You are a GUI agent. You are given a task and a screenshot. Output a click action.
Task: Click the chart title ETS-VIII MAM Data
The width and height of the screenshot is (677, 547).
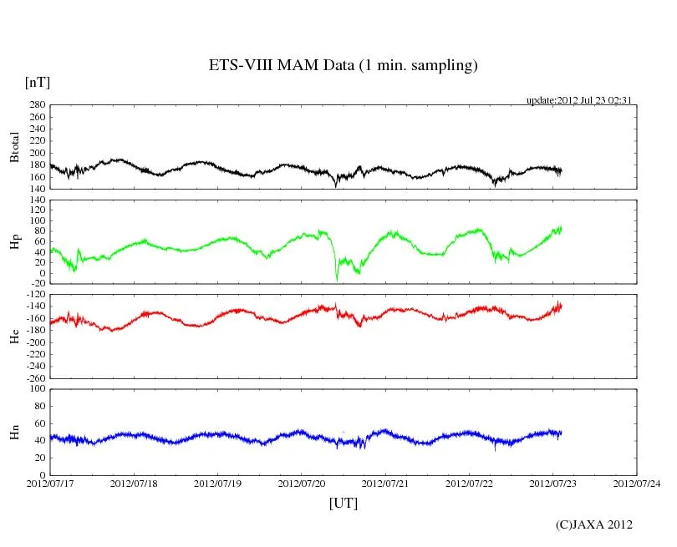pyautogui.click(x=343, y=66)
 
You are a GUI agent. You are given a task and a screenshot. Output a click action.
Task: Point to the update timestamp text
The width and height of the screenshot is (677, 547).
pyautogui.click(x=578, y=100)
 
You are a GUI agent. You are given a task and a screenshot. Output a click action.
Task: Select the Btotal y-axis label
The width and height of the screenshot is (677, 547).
pyautogui.click(x=14, y=147)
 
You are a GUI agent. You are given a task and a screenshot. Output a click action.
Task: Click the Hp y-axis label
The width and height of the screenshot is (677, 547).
pyautogui.click(x=14, y=241)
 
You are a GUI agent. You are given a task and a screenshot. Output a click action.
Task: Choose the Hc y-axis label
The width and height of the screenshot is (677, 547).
pyautogui.click(x=14, y=336)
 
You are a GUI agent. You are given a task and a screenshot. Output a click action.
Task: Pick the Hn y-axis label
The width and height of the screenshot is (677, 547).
pyautogui.click(x=14, y=431)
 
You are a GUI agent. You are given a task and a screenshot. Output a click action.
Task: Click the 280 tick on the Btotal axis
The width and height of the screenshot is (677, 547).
pyautogui.click(x=35, y=105)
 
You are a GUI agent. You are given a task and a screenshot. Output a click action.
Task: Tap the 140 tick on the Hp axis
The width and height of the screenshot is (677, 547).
pyautogui.click(x=35, y=200)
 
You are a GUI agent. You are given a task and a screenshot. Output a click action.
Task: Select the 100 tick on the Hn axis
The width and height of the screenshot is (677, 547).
pyautogui.click(x=35, y=389)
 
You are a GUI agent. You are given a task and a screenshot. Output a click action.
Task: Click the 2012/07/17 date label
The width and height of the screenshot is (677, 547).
pyautogui.click(x=50, y=484)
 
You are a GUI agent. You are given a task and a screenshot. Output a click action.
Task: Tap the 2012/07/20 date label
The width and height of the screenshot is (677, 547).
pyautogui.click(x=302, y=484)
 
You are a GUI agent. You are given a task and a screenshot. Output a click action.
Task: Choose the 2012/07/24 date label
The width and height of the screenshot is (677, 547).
pyautogui.click(x=637, y=484)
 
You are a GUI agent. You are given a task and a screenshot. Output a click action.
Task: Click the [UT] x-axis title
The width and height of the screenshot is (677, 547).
pyautogui.click(x=344, y=503)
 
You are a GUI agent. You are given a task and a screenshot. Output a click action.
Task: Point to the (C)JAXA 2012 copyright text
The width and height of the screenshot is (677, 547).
pyautogui.click(x=593, y=524)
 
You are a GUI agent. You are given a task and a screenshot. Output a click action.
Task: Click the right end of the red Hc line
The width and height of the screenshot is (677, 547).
pyautogui.click(x=561, y=305)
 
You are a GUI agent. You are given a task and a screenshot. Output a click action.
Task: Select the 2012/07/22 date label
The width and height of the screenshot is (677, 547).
pyautogui.click(x=470, y=484)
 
